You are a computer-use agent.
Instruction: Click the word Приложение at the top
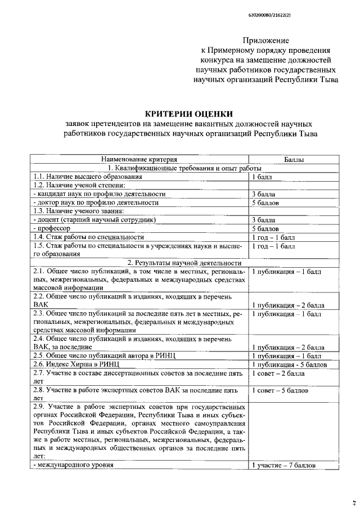265,40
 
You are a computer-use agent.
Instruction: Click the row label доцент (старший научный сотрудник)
95,219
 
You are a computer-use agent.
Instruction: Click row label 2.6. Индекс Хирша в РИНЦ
77,364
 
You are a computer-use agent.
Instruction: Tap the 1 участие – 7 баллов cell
283,465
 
